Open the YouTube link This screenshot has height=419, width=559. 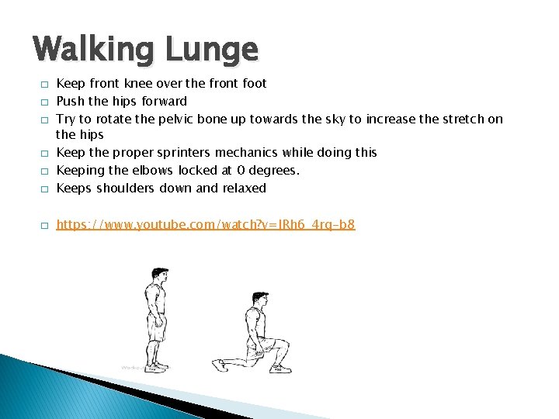(x=206, y=225)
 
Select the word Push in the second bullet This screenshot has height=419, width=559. (x=71, y=101)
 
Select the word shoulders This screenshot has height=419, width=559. (x=124, y=188)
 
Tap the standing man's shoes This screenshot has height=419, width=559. (x=158, y=365)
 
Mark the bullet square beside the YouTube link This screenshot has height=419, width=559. (x=46, y=226)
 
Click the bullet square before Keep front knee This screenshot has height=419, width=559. (x=46, y=84)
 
